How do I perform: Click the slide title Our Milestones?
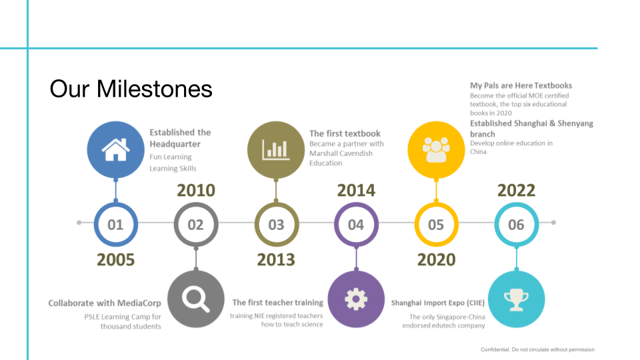pos(131,89)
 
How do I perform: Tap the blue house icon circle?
pos(116,149)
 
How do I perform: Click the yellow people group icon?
pos(436,149)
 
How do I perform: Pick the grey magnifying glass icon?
pos(195,299)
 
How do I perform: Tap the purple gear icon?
pos(356,299)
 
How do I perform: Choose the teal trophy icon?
pos(516,299)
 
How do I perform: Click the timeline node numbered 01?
pos(116,225)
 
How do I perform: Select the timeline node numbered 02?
pos(195,225)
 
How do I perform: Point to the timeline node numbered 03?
pos(276,225)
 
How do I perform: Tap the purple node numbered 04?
pos(356,225)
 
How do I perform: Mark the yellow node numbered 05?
pos(436,225)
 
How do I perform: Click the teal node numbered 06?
pos(516,225)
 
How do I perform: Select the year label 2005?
pos(116,259)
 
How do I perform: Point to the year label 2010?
pos(196,191)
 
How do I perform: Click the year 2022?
pos(516,191)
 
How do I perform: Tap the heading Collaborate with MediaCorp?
pos(105,303)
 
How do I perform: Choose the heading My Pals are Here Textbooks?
pos(521,85)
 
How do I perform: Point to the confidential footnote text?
pos(537,349)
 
